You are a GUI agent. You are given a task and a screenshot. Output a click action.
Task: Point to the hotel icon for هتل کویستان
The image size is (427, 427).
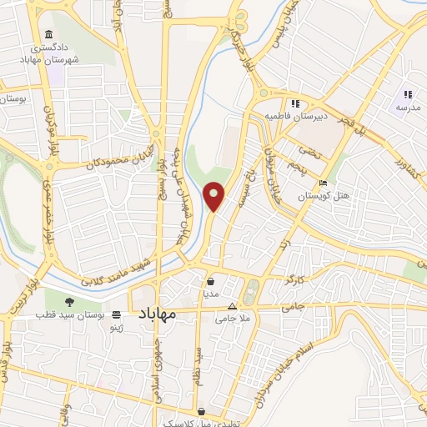pyautogui.click(x=323, y=183)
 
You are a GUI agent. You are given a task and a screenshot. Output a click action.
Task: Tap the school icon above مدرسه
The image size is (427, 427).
pyautogui.click(x=408, y=94)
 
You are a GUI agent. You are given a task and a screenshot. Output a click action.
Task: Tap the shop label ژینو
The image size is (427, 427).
pyautogui.click(x=118, y=329)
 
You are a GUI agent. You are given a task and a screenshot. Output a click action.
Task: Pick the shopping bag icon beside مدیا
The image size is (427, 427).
pyautogui.click(x=209, y=282)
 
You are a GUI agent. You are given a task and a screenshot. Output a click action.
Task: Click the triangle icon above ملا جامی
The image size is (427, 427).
pyautogui.click(x=231, y=307)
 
